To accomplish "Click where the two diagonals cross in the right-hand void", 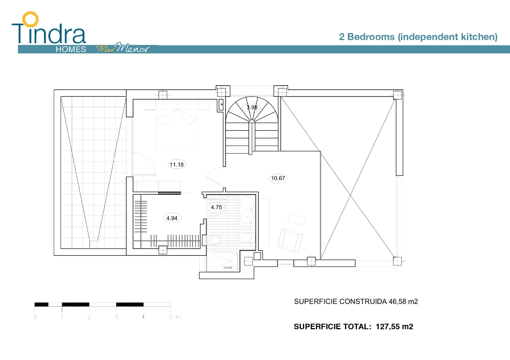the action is [x=351, y=195].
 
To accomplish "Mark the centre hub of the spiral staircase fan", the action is [x=252, y=121].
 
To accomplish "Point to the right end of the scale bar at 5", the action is [x=171, y=305].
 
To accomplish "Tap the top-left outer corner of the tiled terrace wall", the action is [x=54, y=90].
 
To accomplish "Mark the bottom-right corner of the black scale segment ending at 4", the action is [x=144, y=306].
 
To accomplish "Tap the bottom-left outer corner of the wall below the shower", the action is [x=199, y=279].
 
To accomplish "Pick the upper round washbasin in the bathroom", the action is [x=247, y=203].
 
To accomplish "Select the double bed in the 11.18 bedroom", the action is [x=177, y=125].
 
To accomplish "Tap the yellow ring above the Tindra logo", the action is [x=31, y=19].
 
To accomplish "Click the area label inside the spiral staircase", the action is [x=252, y=107].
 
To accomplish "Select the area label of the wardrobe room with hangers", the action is [x=172, y=218].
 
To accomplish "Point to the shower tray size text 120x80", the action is [x=228, y=268].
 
